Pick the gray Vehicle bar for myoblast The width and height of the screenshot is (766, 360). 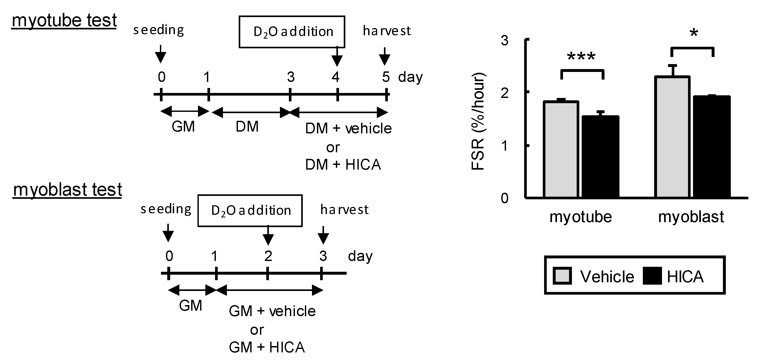pyautogui.click(x=672, y=137)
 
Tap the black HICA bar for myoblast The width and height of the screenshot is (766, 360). pyautogui.click(x=712, y=147)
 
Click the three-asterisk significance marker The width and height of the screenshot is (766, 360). pyautogui.click(x=581, y=56)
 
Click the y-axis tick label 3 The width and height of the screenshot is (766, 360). pyautogui.click(x=505, y=40)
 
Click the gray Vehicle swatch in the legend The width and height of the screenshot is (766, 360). pyautogui.click(x=562, y=276)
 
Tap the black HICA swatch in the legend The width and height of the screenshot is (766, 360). pyautogui.click(x=652, y=276)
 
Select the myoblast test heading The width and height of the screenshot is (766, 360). pyautogui.click(x=67, y=190)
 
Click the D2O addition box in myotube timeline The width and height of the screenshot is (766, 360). pyautogui.click(x=292, y=32)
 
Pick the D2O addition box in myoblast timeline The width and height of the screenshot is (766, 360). pyautogui.click(x=250, y=211)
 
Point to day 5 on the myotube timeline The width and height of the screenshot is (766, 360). pyautogui.click(x=386, y=77)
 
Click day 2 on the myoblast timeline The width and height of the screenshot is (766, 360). pyautogui.click(x=268, y=256)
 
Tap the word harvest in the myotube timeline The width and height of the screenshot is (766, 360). pyautogui.click(x=387, y=31)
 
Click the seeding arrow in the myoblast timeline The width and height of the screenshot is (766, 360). pyautogui.click(x=168, y=232)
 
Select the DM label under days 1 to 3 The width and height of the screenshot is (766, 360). pyautogui.click(x=247, y=127)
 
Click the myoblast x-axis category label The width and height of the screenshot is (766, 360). pyautogui.click(x=691, y=217)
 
